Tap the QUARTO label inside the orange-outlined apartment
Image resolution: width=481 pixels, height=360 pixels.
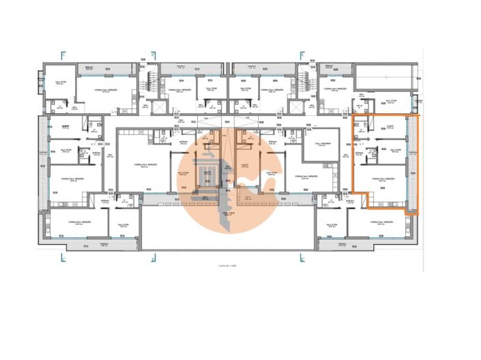click(391, 127)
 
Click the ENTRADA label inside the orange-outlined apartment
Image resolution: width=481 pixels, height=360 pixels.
click(360, 154)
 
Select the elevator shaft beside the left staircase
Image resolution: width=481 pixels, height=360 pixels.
click(159, 107)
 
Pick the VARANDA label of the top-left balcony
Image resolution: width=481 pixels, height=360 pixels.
click(89, 68)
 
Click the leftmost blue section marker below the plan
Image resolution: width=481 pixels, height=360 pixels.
click(63, 257)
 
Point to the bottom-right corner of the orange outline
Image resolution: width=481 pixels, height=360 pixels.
click(417, 215)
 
